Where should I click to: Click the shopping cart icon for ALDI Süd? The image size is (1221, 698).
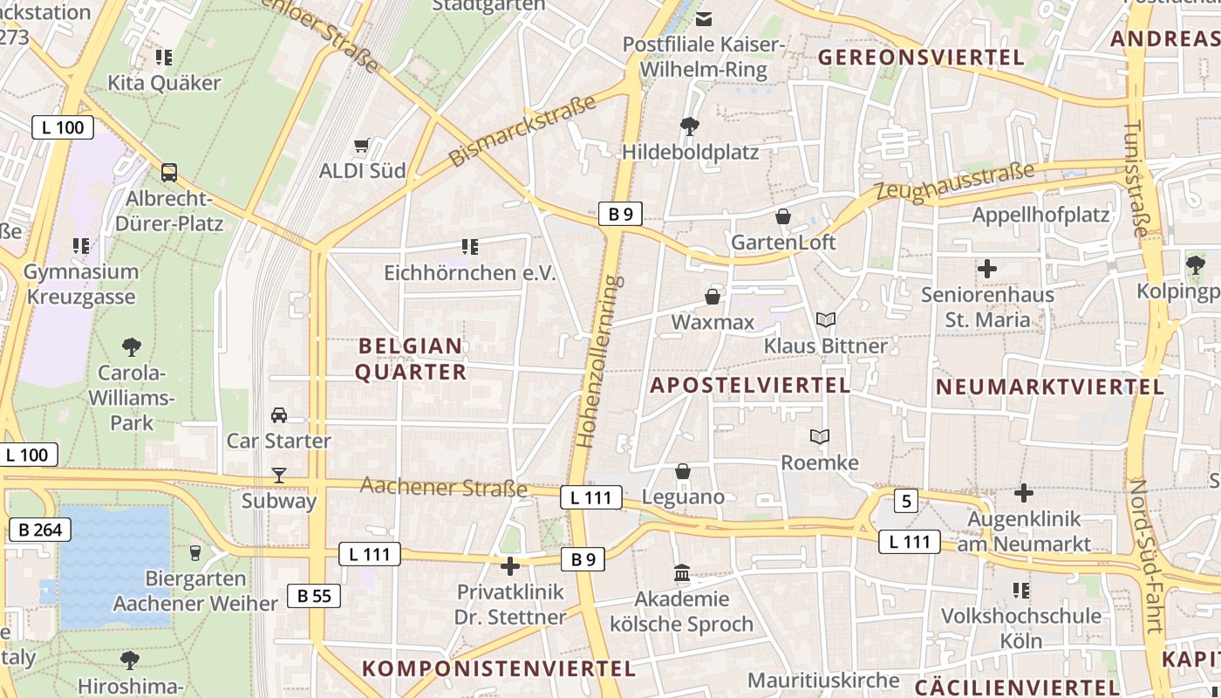[x=362, y=145]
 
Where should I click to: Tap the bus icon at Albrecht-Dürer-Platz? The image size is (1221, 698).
[x=169, y=172]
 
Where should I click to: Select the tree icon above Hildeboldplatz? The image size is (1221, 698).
[x=690, y=127]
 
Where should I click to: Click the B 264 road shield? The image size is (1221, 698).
[x=39, y=529]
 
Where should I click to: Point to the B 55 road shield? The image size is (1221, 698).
[x=314, y=596]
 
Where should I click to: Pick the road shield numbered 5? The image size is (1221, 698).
[x=906, y=501]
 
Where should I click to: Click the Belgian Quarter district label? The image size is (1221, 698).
[x=411, y=359]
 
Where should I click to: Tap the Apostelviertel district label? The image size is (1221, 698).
[x=750, y=385]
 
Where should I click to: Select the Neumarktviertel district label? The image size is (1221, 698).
[x=1050, y=387]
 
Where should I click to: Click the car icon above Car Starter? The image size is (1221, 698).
[x=279, y=414]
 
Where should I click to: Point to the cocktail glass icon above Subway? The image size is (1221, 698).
[x=279, y=475]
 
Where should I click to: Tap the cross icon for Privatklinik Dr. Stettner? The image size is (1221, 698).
[x=510, y=566]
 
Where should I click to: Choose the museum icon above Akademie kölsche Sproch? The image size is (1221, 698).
[x=682, y=573]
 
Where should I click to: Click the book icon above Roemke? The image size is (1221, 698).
[x=820, y=436]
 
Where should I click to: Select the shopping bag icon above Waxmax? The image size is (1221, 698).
[x=713, y=297]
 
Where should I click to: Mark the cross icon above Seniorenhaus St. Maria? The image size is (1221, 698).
[x=987, y=269]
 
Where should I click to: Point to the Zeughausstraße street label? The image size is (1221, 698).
[x=955, y=181]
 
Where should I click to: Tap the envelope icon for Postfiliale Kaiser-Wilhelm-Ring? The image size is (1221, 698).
[x=704, y=18]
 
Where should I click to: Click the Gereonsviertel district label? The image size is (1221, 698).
[x=921, y=58]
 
